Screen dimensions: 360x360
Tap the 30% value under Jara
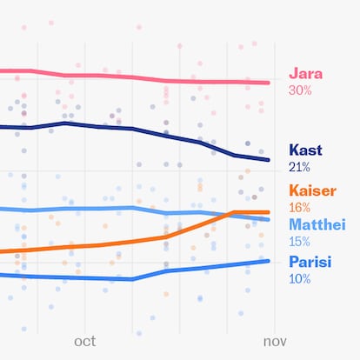(x=299, y=90)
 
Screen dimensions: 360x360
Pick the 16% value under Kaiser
(x=298, y=207)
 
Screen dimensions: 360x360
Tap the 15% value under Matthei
(x=298, y=241)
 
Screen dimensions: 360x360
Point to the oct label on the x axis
(x=85, y=342)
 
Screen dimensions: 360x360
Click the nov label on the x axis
(x=275, y=342)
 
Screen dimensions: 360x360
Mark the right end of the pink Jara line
(x=269, y=83)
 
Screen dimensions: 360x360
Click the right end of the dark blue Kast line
(x=269, y=159)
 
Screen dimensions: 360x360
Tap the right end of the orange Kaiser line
(x=269, y=212)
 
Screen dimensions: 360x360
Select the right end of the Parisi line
(x=269, y=261)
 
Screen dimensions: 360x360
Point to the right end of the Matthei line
(x=269, y=220)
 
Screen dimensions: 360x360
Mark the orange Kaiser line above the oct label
(x=85, y=246)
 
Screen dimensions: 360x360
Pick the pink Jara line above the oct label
(x=85, y=76)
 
